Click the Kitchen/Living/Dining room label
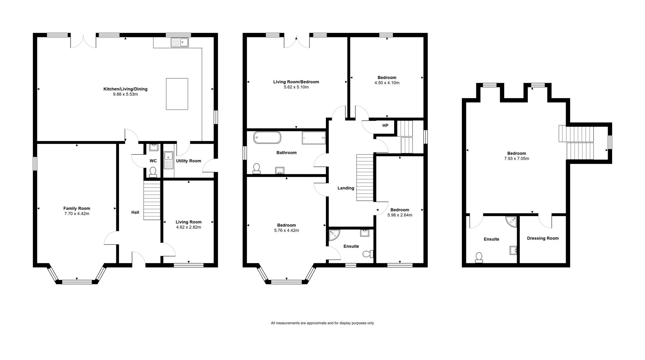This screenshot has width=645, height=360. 125,89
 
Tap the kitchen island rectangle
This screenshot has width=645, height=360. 177,94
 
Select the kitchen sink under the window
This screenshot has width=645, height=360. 180,42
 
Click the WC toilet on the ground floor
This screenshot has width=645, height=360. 153,172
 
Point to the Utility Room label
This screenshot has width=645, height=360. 188,161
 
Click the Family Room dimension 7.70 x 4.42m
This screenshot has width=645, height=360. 77,214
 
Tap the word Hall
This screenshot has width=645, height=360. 135,212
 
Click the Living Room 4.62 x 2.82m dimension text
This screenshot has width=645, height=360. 188,227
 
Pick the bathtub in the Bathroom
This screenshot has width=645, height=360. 267,137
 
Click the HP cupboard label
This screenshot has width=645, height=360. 385,126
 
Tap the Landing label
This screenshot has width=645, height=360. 346,188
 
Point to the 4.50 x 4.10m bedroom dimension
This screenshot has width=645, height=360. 387,83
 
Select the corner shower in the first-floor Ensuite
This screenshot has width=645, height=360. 334,236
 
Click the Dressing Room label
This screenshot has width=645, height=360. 543,238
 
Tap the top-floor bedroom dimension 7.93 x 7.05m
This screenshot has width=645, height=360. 517,159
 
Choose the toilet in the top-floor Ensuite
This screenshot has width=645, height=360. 479,257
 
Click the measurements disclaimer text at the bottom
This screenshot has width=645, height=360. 322,323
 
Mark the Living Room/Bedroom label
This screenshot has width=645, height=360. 296,82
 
